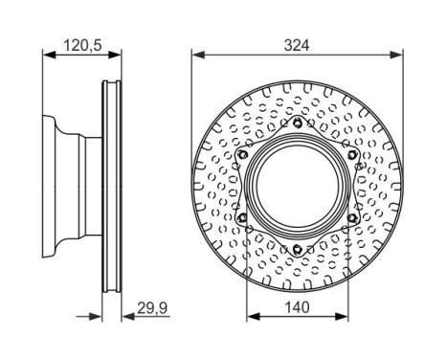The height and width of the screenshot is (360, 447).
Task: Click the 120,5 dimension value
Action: pyautogui.click(x=82, y=45)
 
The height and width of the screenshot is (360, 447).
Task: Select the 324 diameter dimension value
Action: pyautogui.click(x=297, y=45)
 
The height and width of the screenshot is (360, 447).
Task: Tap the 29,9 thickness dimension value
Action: pyautogui.click(x=152, y=308)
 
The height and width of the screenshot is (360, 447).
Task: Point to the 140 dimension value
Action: pyautogui.click(x=297, y=307)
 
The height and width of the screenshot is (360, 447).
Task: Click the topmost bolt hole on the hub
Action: pyautogui.click(x=298, y=123)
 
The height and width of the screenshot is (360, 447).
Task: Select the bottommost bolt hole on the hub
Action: pyautogui.click(x=298, y=249)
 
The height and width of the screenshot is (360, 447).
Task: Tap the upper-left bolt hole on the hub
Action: pyautogui.click(x=243, y=155)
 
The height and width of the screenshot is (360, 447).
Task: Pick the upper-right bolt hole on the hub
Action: pyautogui.click(x=351, y=155)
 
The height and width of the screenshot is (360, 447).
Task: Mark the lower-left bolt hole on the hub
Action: pyautogui.click(x=243, y=217)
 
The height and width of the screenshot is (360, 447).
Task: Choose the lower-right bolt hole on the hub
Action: pyautogui.click(x=351, y=217)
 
